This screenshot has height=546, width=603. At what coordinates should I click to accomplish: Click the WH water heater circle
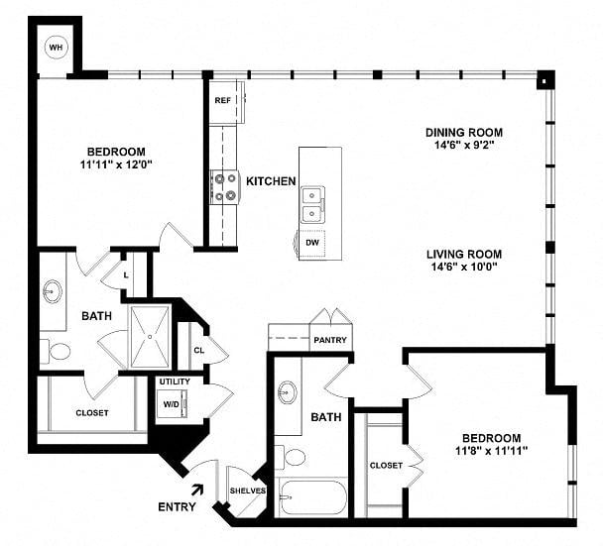point(56,48)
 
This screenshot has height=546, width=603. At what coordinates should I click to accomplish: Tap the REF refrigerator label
point(223,100)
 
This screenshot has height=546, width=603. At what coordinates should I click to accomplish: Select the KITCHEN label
point(271,181)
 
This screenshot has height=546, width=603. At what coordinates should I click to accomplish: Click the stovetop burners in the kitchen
point(225,187)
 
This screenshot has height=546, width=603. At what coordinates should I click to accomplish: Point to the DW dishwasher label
point(312,243)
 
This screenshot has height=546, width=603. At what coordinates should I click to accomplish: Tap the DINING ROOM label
point(464,133)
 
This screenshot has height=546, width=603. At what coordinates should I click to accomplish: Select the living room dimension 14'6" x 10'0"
point(464,267)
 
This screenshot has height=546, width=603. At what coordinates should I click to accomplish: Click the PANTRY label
point(330,340)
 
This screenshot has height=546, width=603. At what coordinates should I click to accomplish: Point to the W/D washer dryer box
point(172,403)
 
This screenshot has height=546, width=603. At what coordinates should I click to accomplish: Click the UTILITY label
point(175,382)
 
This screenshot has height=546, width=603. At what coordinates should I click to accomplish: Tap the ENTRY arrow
point(197,490)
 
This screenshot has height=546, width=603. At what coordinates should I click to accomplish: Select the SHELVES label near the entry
point(248,491)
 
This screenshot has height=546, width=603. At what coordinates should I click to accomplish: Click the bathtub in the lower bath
point(313,497)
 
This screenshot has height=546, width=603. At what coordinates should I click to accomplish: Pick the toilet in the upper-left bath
point(55,351)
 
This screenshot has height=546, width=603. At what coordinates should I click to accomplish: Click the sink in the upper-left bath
point(52,291)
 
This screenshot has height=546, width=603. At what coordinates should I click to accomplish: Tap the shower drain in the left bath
point(150,337)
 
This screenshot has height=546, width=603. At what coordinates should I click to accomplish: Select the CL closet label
point(199,351)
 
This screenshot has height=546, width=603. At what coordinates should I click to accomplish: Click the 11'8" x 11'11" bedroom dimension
point(491,450)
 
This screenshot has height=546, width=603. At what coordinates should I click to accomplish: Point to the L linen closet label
point(126,275)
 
